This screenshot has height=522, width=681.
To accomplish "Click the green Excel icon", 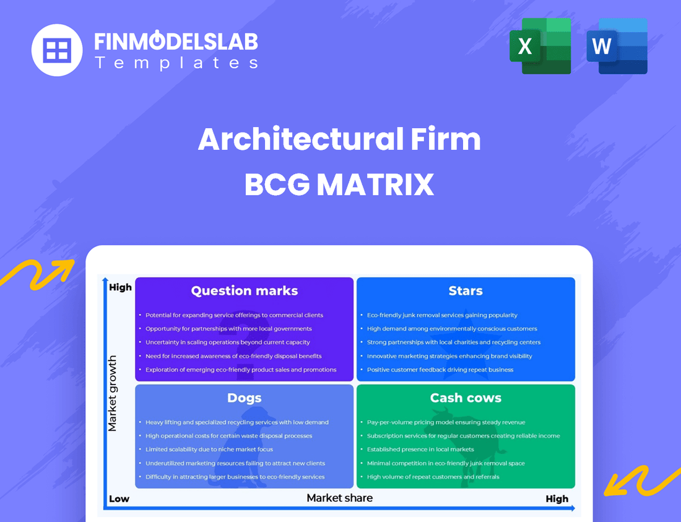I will click(x=540, y=46).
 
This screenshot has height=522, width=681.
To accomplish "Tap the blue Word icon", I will click(x=617, y=46).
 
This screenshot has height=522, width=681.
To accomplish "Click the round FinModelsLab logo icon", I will click(x=57, y=50).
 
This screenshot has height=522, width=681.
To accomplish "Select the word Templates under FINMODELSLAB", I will click(x=176, y=63).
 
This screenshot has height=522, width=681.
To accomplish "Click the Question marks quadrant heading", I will click(x=245, y=291).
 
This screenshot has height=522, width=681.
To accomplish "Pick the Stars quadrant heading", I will click(x=466, y=291).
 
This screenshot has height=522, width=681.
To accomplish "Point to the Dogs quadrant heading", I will click(x=245, y=398).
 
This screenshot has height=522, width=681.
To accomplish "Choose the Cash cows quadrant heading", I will click(x=466, y=398).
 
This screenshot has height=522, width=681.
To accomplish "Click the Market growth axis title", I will click(x=113, y=393).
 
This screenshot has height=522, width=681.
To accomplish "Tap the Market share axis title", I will click(x=340, y=498).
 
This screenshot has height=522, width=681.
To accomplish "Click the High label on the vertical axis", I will click(x=120, y=287).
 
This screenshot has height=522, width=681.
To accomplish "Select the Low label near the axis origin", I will click(x=119, y=498).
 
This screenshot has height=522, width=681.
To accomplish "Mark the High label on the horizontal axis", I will click(x=557, y=498).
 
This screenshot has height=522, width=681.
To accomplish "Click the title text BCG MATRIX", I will click(x=340, y=185).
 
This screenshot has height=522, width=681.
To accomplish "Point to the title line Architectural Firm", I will click(x=340, y=140).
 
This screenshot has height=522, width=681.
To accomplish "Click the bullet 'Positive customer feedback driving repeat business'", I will click(x=440, y=370).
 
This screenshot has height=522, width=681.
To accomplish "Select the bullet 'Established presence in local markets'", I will click(x=420, y=450).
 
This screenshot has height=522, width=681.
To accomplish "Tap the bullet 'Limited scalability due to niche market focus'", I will click(x=209, y=450).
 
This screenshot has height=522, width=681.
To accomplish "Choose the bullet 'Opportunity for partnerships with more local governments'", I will click(x=228, y=329).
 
